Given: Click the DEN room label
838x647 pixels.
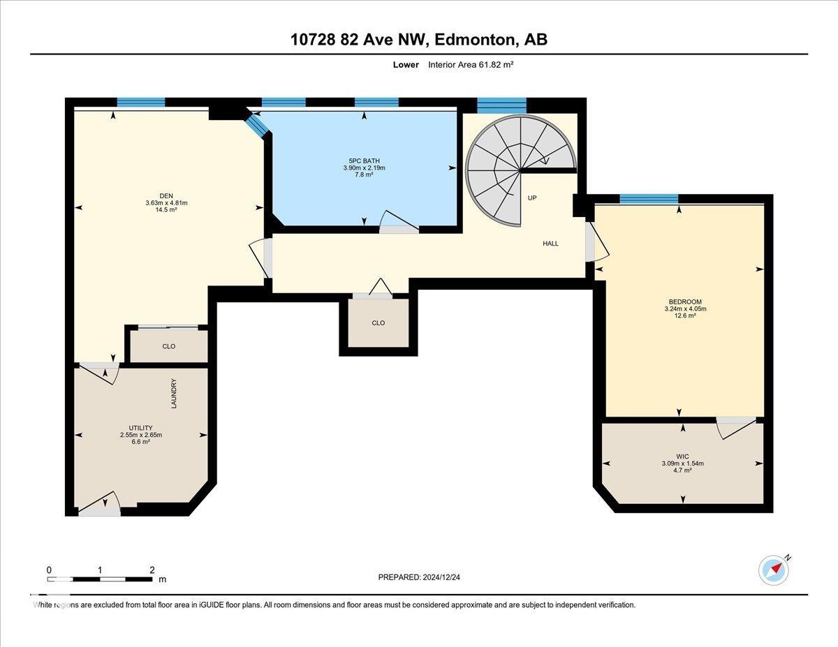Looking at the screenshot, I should (166, 195).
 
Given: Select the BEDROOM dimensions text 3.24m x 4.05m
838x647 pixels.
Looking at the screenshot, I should (685, 308).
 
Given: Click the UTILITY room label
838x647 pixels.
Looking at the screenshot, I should (140, 428).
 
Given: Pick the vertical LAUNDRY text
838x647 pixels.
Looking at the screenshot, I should (174, 394).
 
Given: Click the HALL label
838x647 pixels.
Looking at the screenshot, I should (551, 244).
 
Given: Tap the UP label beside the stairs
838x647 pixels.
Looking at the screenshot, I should (532, 198).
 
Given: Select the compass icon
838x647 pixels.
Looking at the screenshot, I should (774, 570).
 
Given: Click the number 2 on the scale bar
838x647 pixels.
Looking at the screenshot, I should (152, 570).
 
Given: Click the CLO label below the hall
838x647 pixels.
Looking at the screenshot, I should (378, 323).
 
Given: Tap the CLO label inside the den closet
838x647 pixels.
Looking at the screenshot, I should (168, 346).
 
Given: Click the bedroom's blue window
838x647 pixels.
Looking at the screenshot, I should (649, 199).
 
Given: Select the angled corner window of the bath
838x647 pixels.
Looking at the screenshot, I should (257, 126).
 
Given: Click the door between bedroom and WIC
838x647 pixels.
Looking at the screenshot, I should (736, 426).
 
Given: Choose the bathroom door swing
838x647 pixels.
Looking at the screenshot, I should (399, 221).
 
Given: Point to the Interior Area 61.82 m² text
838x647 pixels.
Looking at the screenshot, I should (471, 64).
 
